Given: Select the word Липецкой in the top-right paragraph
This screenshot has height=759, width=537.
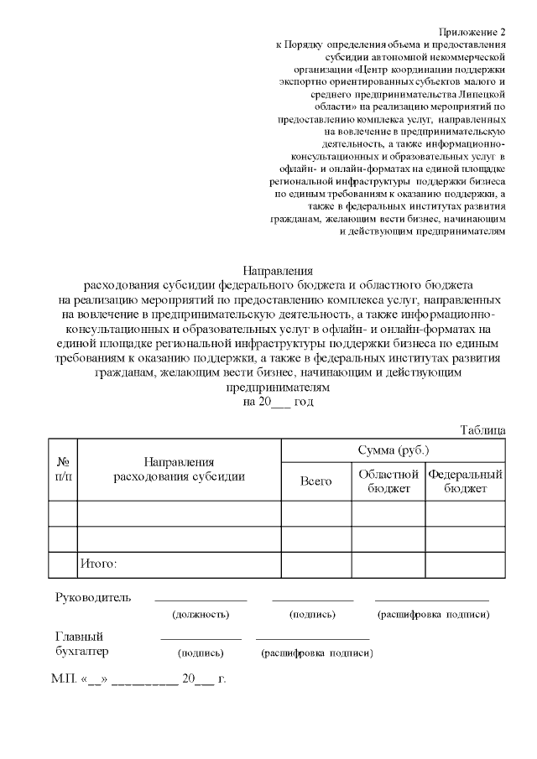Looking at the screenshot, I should (x=481, y=94).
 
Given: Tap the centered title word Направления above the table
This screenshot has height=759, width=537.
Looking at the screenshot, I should (x=278, y=271).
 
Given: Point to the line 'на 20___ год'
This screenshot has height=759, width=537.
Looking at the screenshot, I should (x=278, y=402).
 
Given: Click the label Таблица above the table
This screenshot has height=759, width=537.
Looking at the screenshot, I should (x=482, y=429).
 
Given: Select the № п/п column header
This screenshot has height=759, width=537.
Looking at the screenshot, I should (x=62, y=469).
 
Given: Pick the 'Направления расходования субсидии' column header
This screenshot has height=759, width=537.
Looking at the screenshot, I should (x=180, y=469).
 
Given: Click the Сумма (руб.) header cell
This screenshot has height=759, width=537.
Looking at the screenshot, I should (x=393, y=450).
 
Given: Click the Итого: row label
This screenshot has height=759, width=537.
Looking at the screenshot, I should (x=98, y=564).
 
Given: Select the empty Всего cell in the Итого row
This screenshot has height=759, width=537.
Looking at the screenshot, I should (x=315, y=564).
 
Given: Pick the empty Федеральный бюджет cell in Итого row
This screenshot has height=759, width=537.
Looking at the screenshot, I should (x=465, y=564).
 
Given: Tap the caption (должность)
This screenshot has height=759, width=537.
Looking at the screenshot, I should (x=201, y=615).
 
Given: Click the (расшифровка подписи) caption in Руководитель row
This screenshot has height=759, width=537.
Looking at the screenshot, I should (x=433, y=615).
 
